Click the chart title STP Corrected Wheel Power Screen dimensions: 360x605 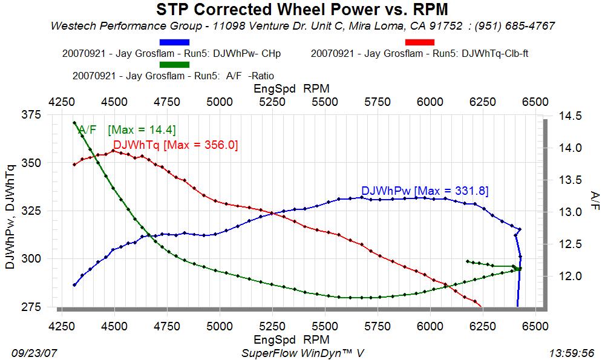pos(302,10)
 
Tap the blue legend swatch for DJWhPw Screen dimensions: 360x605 pos(174,42)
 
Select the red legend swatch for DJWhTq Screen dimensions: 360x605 pos(419,42)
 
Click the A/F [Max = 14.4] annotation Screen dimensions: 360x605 pos(127,129)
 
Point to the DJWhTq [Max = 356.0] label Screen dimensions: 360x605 pos(175,145)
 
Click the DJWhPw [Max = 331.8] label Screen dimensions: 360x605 pos(425,191)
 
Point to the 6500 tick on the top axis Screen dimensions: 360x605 pos(535,102)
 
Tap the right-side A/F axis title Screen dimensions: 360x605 pos(594,199)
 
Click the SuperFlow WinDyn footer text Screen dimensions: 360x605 pos(303,352)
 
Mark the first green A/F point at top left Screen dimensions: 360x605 pos(74,123)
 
